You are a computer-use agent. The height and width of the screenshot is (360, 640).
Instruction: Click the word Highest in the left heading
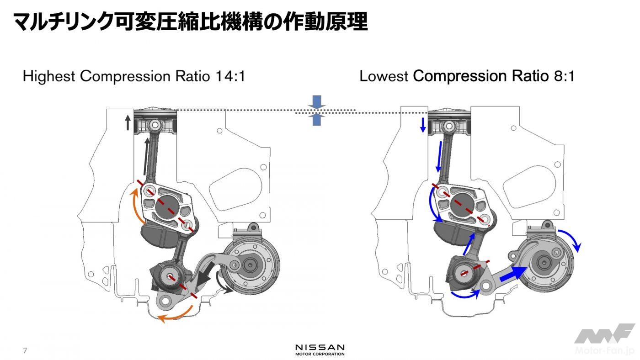click(48, 76)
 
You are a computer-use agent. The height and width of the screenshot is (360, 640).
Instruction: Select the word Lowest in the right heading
click(383, 76)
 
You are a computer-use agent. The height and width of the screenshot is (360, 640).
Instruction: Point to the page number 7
click(25, 351)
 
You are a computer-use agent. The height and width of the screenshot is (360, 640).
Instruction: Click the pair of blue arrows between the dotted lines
click(316, 110)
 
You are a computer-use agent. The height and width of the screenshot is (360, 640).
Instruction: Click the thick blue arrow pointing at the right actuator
click(512, 274)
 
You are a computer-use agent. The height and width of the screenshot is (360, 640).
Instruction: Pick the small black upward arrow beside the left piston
click(128, 122)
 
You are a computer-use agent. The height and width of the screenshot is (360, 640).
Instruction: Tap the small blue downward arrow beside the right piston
click(423, 125)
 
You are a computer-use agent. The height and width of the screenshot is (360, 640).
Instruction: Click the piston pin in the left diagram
click(155, 124)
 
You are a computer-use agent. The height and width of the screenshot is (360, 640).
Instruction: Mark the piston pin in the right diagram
click(449, 124)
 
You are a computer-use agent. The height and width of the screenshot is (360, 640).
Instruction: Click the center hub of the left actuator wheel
click(251, 265)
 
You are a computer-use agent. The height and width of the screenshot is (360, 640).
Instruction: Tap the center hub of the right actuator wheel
click(544, 262)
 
